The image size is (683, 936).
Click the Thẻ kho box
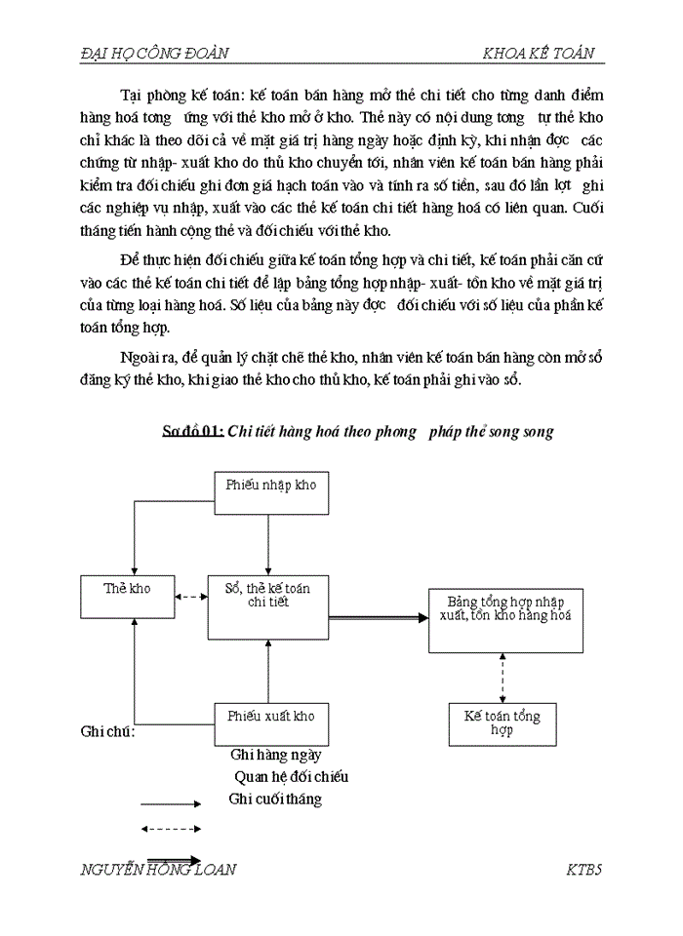126,597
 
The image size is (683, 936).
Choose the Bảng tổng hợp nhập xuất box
506,620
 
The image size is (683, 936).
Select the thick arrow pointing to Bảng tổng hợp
379,617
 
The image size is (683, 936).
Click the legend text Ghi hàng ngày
276,755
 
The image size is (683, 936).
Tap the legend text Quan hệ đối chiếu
291,777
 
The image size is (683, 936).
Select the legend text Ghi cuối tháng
275,799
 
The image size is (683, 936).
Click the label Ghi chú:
107,732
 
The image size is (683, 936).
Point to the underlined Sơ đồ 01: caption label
193,432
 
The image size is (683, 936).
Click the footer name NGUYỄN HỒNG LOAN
158,870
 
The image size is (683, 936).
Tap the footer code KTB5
584,870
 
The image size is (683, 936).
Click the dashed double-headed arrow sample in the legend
171,829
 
